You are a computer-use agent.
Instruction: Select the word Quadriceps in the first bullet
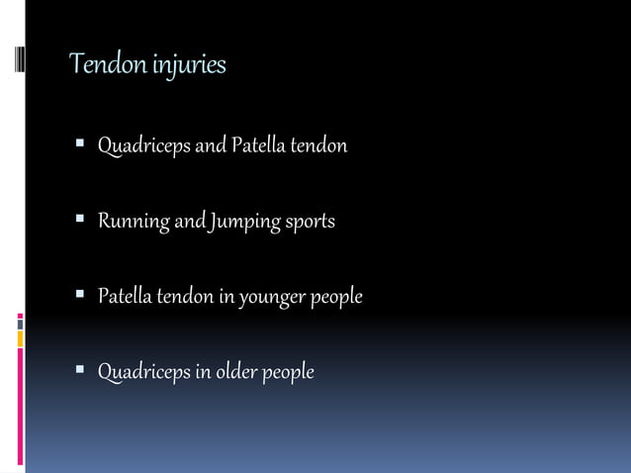142,146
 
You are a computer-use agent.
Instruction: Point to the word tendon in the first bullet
317,146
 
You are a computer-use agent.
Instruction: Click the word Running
134,222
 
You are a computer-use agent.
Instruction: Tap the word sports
312,222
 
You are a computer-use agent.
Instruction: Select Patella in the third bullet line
124,296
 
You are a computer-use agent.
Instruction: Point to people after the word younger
337,297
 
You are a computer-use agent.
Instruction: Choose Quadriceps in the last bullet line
142,372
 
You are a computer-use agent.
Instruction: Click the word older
240,372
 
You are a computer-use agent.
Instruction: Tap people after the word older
289,373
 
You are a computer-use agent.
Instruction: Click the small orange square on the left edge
20,338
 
